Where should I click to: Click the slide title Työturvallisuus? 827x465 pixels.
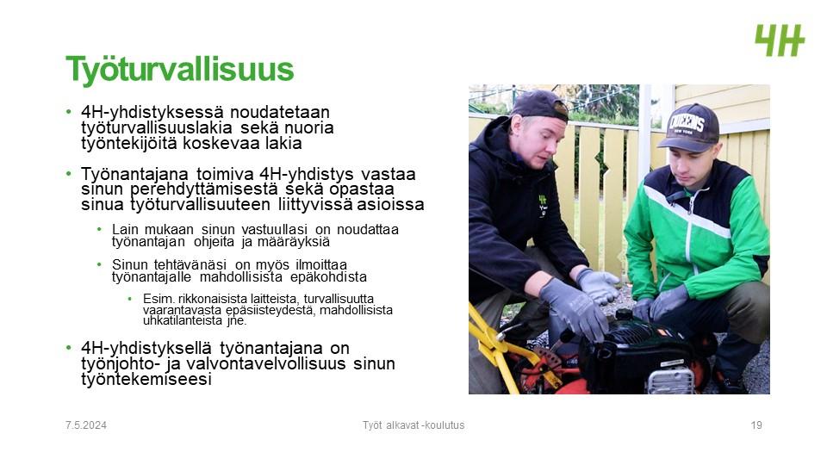click(x=179, y=70)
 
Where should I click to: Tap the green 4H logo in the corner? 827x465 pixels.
click(x=780, y=40)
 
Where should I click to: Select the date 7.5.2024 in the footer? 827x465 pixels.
click(x=86, y=425)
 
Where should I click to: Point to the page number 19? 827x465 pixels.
click(x=756, y=425)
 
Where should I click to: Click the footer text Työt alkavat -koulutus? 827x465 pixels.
click(x=413, y=425)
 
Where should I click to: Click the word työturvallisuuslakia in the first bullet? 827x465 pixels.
click(x=157, y=127)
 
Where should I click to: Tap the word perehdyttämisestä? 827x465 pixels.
click(x=203, y=189)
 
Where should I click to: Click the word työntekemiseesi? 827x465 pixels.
click(x=146, y=379)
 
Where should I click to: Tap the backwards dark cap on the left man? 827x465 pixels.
click(x=538, y=104)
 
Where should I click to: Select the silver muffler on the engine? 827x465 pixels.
click(x=669, y=380)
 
